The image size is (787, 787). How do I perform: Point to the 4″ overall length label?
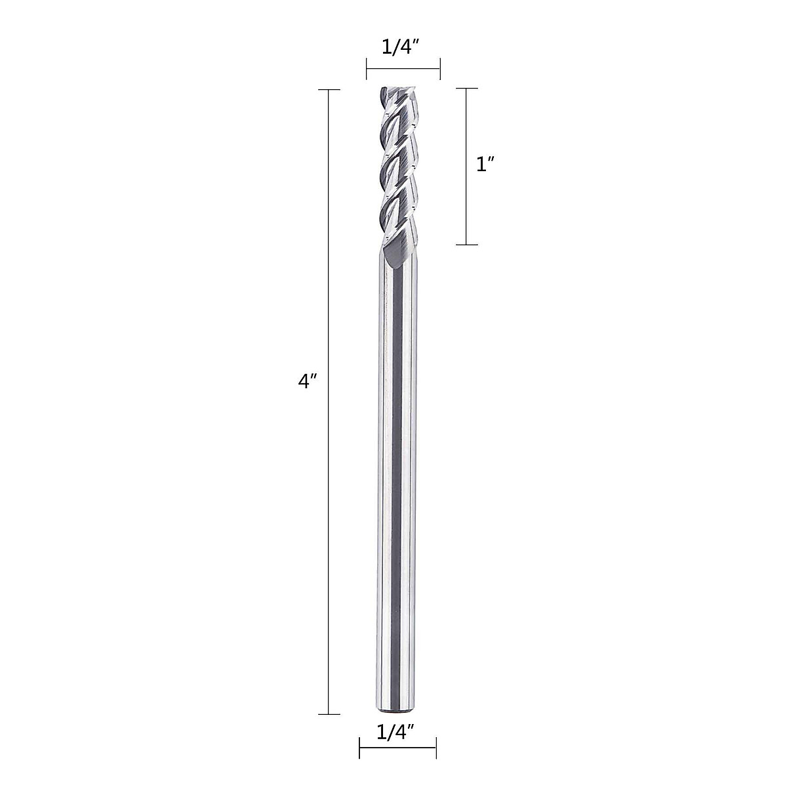click(x=308, y=382)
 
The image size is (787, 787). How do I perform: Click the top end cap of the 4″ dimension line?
click(x=329, y=89)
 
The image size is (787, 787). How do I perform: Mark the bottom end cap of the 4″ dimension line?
click(x=329, y=714)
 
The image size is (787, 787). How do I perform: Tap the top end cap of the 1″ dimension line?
click(x=466, y=88)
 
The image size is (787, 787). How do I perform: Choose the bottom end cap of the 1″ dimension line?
click(x=466, y=245)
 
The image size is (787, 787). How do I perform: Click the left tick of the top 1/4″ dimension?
click(x=367, y=68)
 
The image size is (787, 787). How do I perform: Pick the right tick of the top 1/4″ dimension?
click(x=439, y=68)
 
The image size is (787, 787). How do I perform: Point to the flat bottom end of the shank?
click(x=397, y=712)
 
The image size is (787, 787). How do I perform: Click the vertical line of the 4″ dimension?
click(x=329, y=525)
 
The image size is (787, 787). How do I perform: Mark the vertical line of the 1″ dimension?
click(x=466, y=210)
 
